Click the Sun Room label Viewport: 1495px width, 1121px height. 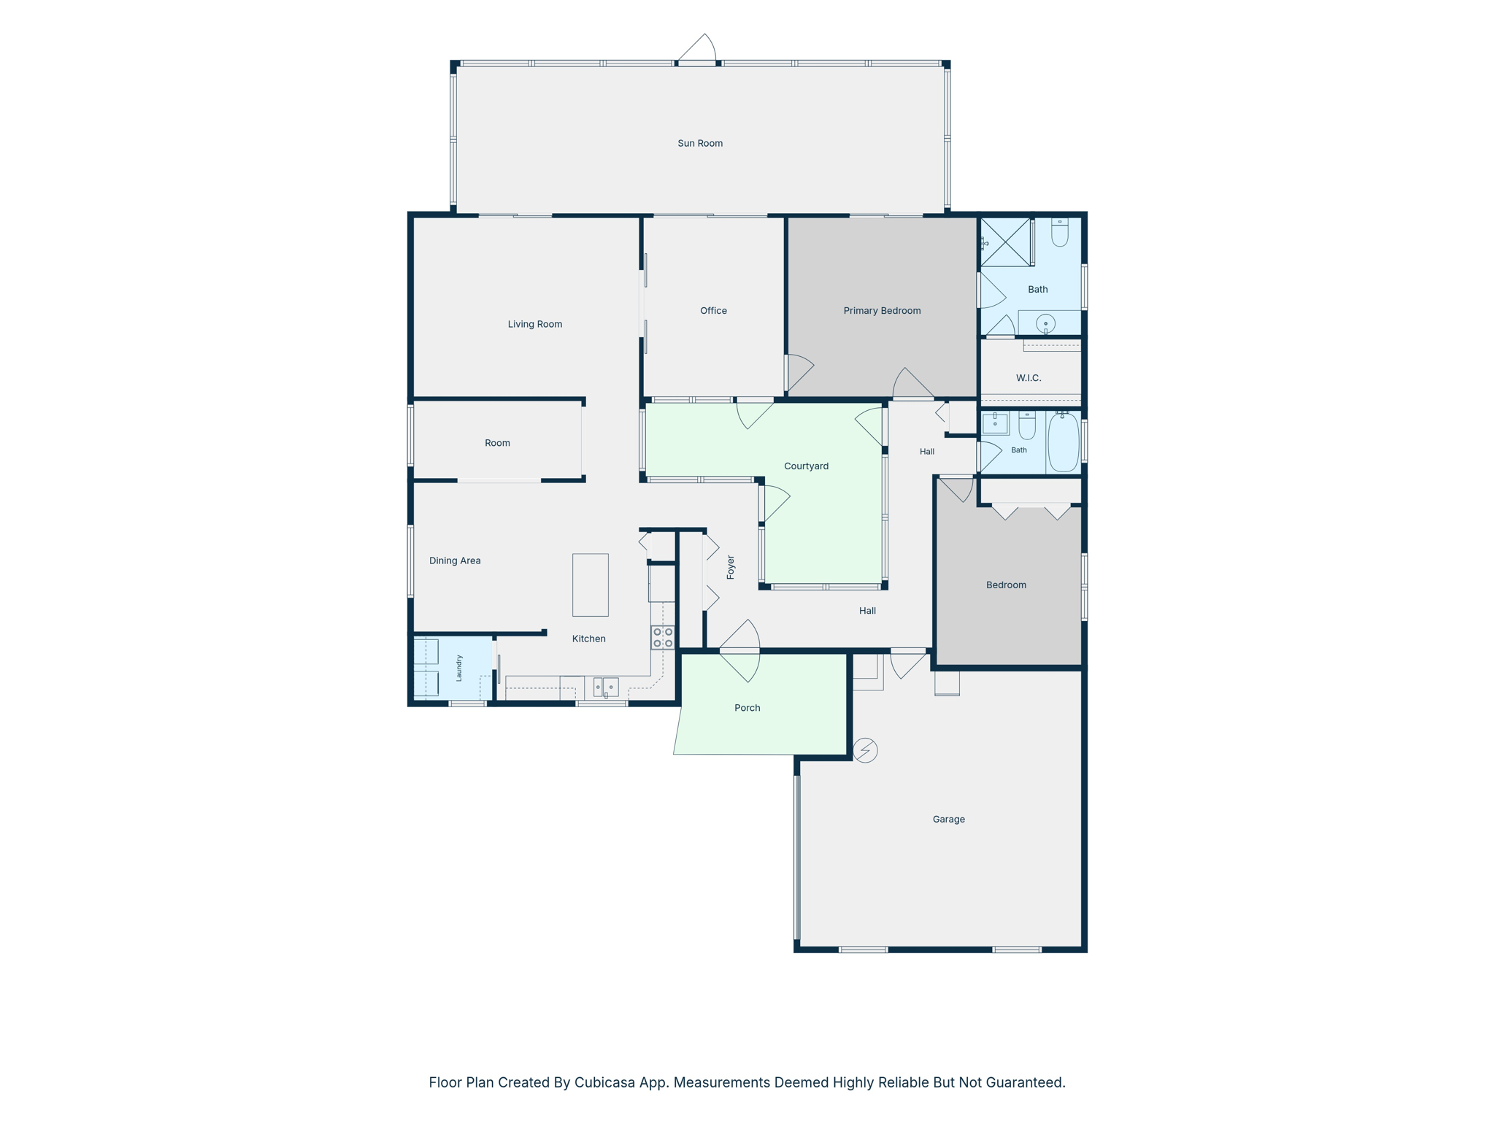[700, 143]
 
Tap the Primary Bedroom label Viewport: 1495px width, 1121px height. [882, 311]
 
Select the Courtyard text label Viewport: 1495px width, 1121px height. [806, 466]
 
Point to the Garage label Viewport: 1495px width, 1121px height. [948, 820]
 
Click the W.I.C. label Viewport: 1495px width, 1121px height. [1029, 378]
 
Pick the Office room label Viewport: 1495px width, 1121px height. [713, 311]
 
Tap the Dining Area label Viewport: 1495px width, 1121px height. [455, 560]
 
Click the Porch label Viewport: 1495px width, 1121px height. [747, 708]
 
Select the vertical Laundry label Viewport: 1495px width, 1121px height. [459, 668]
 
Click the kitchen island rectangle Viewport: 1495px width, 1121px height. [590, 585]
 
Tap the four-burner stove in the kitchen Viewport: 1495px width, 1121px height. [663, 637]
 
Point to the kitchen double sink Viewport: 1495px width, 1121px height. [605, 687]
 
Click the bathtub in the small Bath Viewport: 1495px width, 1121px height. [1063, 442]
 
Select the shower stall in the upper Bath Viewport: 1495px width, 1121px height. [1005, 242]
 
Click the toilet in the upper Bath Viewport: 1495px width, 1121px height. [1060, 232]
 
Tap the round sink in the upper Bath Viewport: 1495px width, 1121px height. [1045, 323]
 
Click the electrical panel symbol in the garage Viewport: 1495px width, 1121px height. [865, 750]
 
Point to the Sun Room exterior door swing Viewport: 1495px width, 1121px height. [698, 48]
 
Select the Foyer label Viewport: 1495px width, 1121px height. [731, 567]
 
